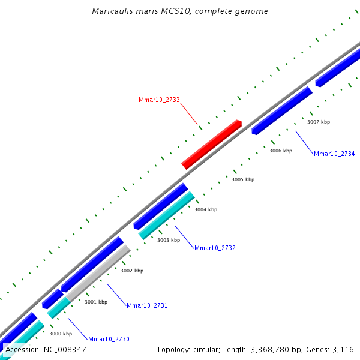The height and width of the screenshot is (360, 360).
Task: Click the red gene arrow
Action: [211, 145]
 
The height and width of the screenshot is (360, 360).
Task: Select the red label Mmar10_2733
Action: [159, 100]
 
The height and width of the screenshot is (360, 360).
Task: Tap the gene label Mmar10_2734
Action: [334, 154]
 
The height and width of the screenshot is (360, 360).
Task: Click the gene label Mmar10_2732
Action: [215, 248]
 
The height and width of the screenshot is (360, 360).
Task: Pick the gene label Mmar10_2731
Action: [147, 306]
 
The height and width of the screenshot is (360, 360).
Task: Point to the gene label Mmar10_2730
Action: [109, 340]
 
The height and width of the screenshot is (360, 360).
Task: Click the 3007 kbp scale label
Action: [319, 122]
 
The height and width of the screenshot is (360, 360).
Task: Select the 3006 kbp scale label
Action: [281, 151]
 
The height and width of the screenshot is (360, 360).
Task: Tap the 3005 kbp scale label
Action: [243, 180]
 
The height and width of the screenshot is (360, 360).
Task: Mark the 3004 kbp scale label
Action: [206, 210]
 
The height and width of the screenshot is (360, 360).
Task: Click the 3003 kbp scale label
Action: [169, 241]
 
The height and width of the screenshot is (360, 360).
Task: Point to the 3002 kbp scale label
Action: [132, 271]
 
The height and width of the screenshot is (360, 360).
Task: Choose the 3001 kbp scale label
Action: [96, 302]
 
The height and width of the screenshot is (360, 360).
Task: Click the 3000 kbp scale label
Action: [61, 334]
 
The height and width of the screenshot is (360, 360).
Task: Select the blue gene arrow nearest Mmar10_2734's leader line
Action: [282, 110]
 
